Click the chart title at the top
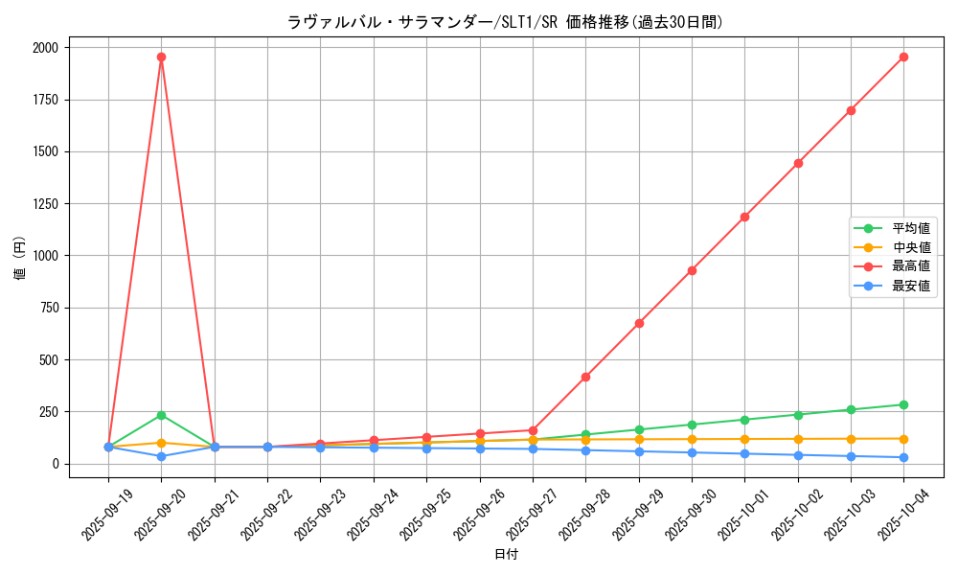(505, 22)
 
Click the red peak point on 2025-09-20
(161, 57)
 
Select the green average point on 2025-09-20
(161, 415)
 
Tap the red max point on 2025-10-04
(903, 57)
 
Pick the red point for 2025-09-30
(692, 270)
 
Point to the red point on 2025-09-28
(585, 377)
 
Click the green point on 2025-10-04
(903, 404)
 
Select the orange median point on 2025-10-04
(903, 439)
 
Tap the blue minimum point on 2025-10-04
(903, 457)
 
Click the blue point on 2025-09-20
(161, 456)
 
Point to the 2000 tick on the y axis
(45, 48)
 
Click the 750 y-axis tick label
(49, 309)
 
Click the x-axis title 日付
(506, 555)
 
